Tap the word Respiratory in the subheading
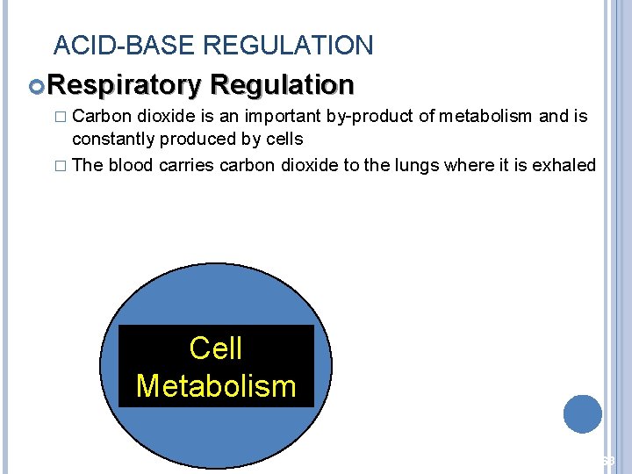click(x=125, y=85)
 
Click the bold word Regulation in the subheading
click(x=282, y=85)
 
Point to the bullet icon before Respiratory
click(x=37, y=86)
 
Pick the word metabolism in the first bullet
click(x=483, y=117)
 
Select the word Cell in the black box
click(x=216, y=348)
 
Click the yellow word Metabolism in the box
click(x=216, y=386)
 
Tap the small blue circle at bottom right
click(x=583, y=414)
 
